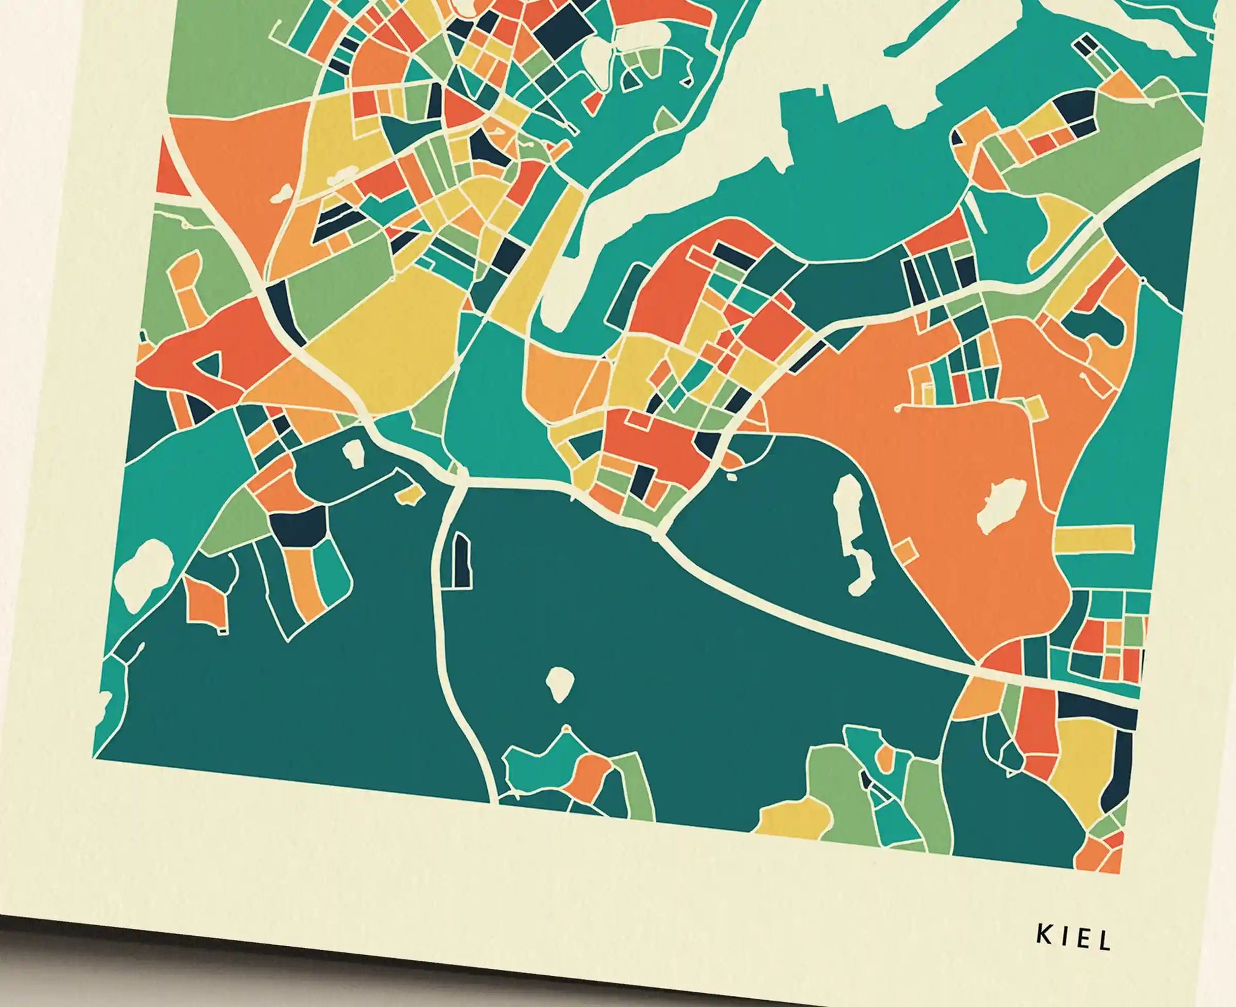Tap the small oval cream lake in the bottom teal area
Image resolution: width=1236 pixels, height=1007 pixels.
pos(559,684)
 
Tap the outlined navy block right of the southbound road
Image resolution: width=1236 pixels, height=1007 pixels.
pos(462,559)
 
